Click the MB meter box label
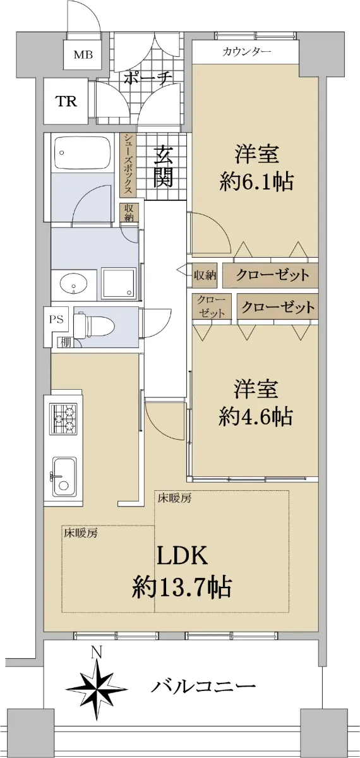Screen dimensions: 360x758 click(x=83, y=54)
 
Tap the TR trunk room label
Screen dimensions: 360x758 click(x=66, y=101)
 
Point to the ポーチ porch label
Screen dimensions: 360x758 click(x=146, y=78)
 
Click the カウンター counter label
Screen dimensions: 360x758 click(x=247, y=52)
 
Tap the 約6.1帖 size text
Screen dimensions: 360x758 click(x=256, y=182)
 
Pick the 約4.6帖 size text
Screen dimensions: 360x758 click(x=256, y=416)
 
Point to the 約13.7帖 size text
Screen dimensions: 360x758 click(x=182, y=587)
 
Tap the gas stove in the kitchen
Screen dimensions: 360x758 click(x=64, y=418)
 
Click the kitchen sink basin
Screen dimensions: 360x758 click(x=64, y=478)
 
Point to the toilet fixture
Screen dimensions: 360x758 click(x=94, y=327)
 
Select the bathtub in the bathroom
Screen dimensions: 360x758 click(x=81, y=153)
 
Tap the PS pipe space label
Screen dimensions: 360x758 click(x=56, y=320)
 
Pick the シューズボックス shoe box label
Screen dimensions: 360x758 click(x=128, y=164)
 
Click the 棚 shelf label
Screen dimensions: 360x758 click(x=65, y=342)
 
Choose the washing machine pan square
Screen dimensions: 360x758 click(x=119, y=283)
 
